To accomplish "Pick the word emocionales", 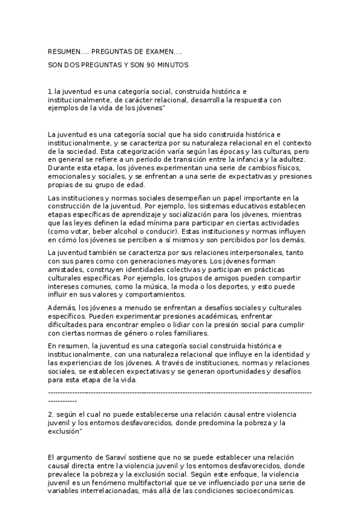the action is (69, 177).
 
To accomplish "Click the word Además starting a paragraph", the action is (62, 308).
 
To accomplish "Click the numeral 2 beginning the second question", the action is (49, 415).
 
